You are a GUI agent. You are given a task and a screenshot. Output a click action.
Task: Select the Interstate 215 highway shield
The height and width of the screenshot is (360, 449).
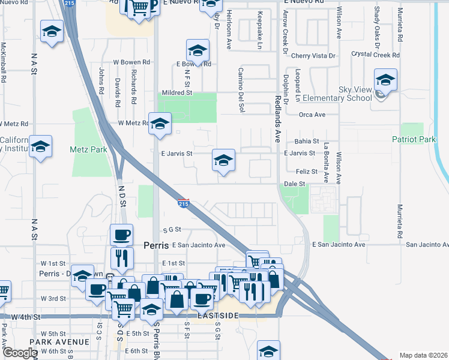[x=184, y=203]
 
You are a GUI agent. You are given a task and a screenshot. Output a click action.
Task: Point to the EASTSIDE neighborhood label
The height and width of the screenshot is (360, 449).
[x=217, y=316]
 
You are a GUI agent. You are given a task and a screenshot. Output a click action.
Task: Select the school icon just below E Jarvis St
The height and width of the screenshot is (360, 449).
[x=223, y=161]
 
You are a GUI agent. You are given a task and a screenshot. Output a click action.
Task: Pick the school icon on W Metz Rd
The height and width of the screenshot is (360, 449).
[x=160, y=125]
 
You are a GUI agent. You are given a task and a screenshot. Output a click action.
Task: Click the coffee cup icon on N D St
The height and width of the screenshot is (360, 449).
[x=121, y=235]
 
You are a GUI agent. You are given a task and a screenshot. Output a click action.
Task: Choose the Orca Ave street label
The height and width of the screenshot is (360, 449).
[x=312, y=115]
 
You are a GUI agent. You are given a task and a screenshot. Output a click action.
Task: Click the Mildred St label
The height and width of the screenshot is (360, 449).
[x=176, y=92]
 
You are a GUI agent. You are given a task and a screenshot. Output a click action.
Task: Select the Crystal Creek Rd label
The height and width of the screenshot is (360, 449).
[x=376, y=55]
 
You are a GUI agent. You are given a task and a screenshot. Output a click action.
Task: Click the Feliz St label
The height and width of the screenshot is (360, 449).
[x=306, y=172]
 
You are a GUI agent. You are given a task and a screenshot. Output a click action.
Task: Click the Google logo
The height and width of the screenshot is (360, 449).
[x=20, y=353]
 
